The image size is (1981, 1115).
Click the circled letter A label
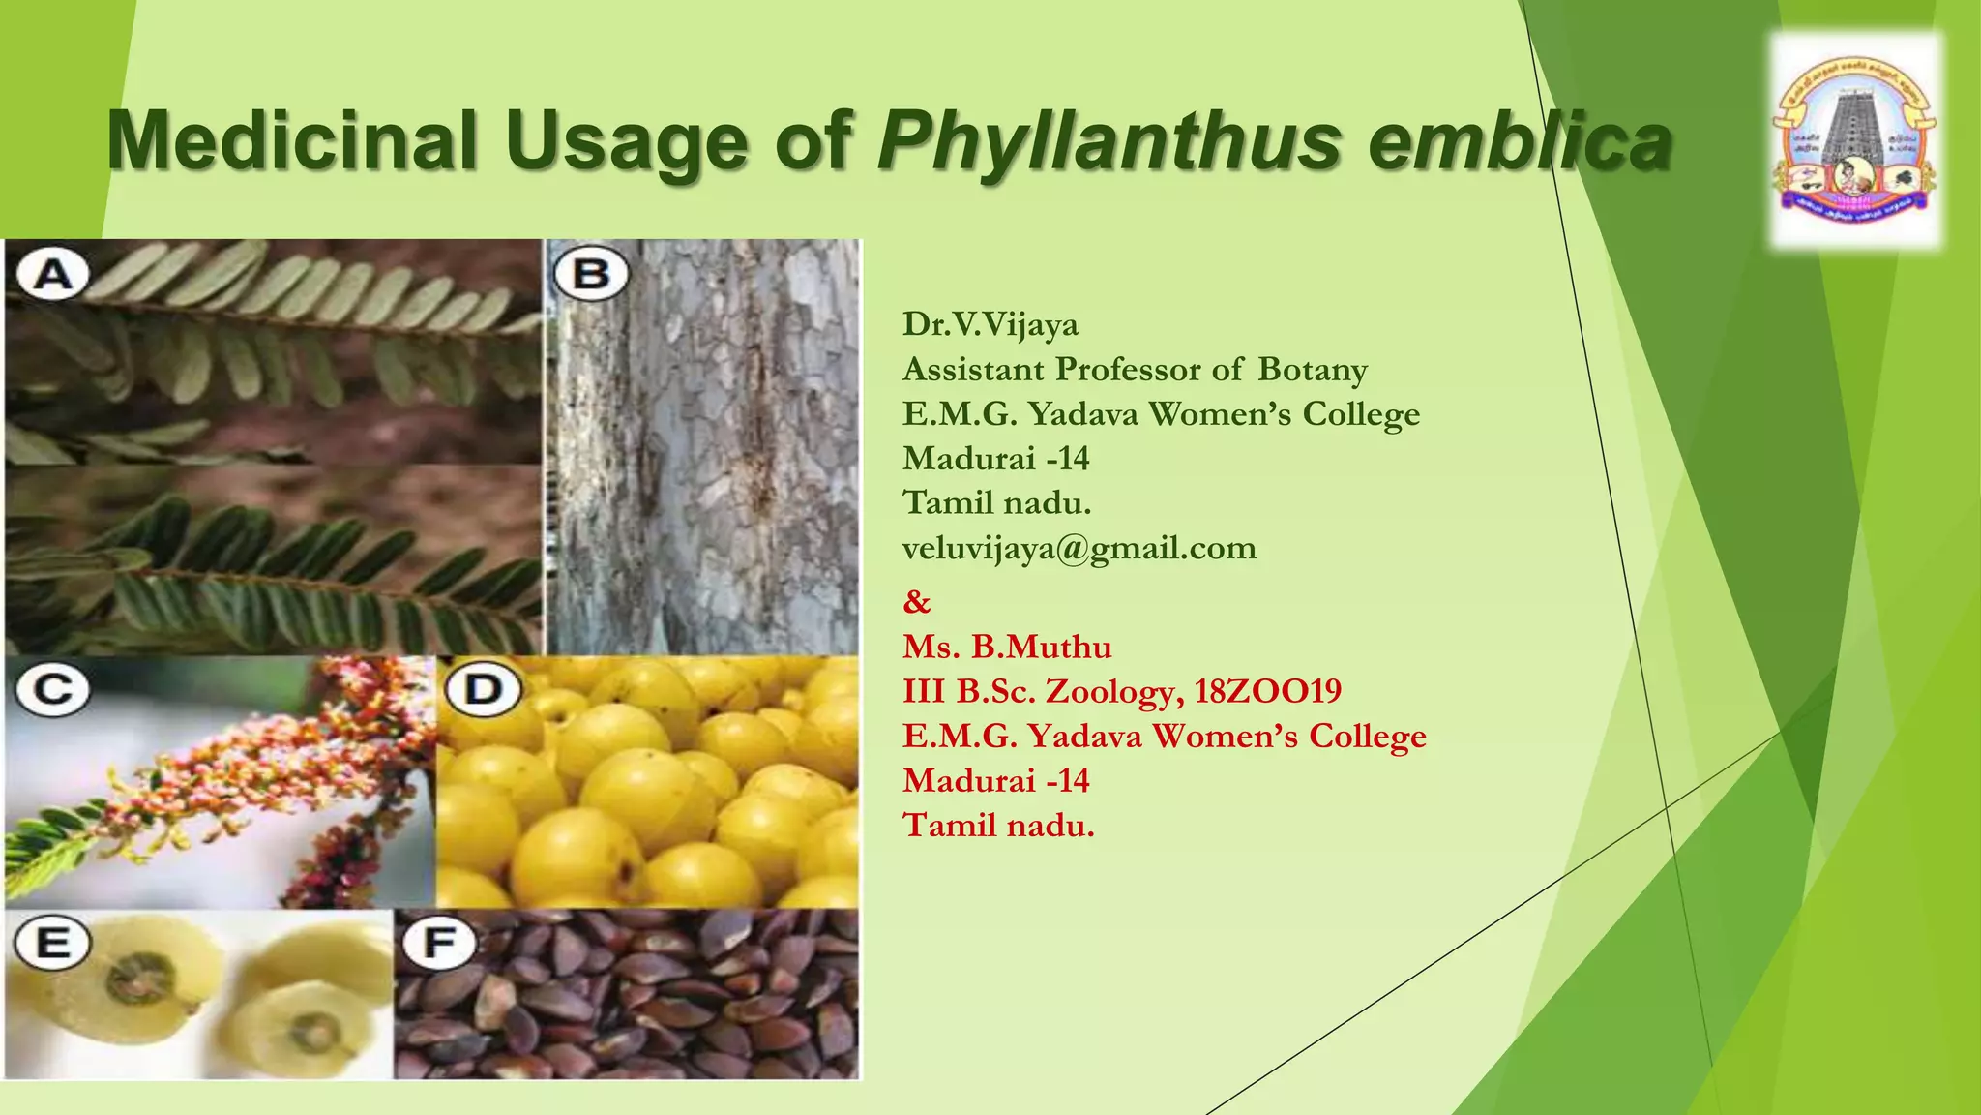(53, 275)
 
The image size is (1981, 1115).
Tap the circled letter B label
(591, 275)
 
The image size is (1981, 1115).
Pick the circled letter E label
(53, 942)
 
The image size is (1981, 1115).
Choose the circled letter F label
(439, 942)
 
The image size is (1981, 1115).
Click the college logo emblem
(1854, 141)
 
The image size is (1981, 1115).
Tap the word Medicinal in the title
(292, 141)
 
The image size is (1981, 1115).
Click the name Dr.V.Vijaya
(990, 324)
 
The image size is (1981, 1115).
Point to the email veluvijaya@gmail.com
(1079, 548)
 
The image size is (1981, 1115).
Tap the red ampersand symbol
(916, 602)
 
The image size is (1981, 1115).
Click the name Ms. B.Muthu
(1007, 647)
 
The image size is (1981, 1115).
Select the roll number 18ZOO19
(1267, 691)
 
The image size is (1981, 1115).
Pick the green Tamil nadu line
(996, 503)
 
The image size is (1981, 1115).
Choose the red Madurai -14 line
(995, 780)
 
